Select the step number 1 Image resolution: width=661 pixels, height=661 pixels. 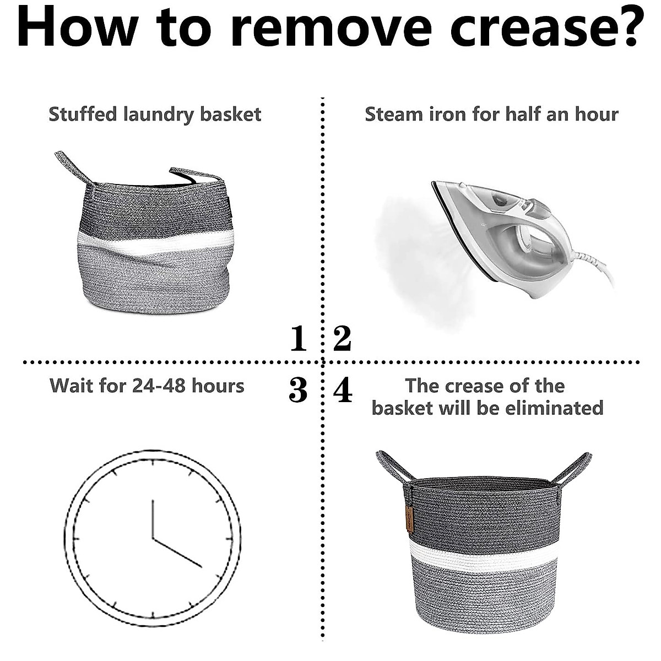click(298, 338)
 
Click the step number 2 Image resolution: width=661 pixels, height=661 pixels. click(342, 338)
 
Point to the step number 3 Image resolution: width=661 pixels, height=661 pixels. click(298, 390)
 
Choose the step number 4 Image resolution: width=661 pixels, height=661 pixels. click(343, 390)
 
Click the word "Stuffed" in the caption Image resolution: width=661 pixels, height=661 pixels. click(83, 115)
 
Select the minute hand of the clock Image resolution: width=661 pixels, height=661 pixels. click(177, 552)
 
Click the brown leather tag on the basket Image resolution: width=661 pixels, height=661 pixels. click(409, 518)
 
